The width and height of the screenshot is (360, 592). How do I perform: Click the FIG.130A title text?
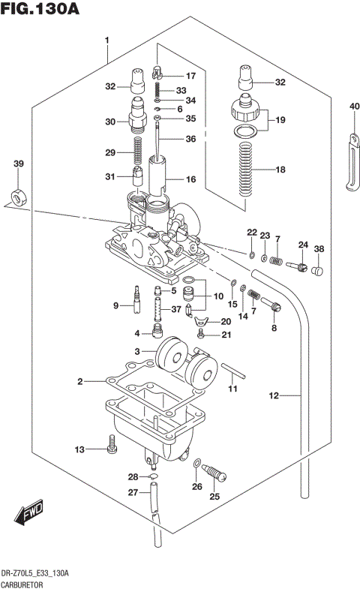40,10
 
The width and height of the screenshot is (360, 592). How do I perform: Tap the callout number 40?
354,107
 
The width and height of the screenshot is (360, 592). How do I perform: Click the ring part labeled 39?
17,197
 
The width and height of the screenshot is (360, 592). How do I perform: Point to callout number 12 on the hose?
273,395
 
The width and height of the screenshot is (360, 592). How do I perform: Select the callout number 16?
190,179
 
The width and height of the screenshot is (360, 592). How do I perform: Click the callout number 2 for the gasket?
79,382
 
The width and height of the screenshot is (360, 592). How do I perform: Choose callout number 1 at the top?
107,40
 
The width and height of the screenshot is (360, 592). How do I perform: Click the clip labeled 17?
156,74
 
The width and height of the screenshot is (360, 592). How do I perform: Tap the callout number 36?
190,139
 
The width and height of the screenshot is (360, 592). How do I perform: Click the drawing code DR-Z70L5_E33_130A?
36,572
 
